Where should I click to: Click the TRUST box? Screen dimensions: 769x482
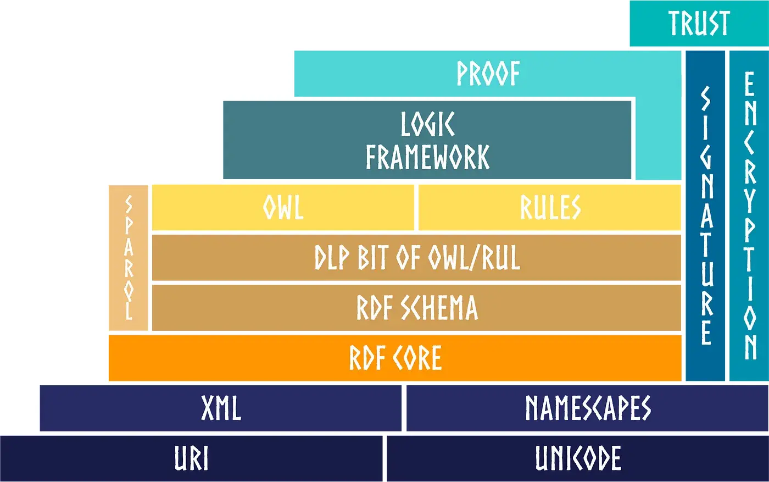click(x=699, y=24)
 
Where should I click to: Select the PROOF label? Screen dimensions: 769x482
click(x=488, y=74)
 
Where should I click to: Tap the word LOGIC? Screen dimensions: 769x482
click(x=427, y=124)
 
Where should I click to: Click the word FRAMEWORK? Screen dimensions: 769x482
click(x=427, y=157)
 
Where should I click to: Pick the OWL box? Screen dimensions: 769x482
click(x=283, y=208)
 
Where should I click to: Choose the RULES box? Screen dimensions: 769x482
click(x=550, y=208)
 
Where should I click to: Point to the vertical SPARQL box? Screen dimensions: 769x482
click(x=129, y=258)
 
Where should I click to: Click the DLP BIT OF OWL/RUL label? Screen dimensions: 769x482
click(x=416, y=258)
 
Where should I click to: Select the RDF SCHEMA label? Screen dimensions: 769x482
click(x=416, y=308)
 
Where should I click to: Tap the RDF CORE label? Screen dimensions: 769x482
click(x=395, y=358)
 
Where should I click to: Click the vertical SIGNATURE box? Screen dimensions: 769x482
click(x=706, y=215)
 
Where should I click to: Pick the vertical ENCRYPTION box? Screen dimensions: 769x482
click(x=749, y=215)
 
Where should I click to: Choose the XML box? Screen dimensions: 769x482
click(x=221, y=408)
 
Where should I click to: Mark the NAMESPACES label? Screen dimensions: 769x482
click(x=587, y=408)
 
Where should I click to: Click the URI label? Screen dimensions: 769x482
click(x=191, y=459)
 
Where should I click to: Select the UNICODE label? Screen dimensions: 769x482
click(x=578, y=459)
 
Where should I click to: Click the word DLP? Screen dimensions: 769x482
click(x=332, y=258)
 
